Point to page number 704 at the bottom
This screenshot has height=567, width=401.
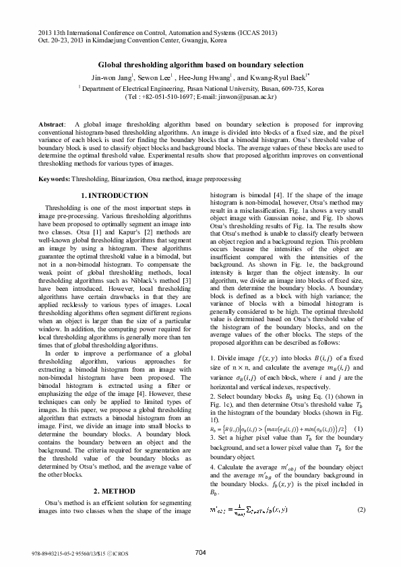click(200, 552)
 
